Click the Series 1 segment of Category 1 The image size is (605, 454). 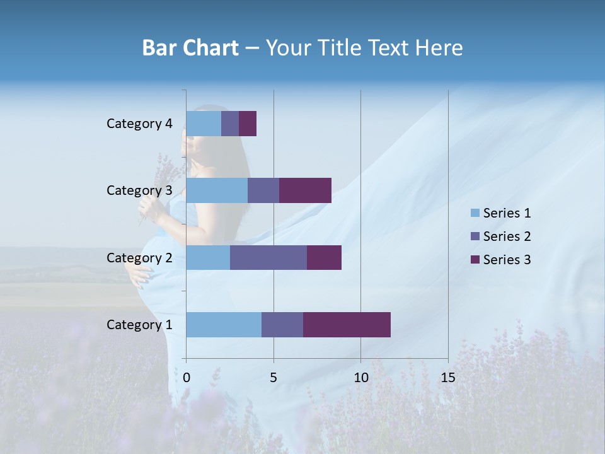224,325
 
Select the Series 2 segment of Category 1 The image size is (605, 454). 282,325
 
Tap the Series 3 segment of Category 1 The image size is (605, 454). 347,325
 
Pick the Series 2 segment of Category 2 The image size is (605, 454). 268,257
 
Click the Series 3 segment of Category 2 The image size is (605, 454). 324,257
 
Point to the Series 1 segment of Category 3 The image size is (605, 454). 217,190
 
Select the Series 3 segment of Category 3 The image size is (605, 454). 305,190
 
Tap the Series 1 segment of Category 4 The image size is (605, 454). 204,124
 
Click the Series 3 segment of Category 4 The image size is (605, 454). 248,124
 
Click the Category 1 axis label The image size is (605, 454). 139,325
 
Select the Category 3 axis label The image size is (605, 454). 139,190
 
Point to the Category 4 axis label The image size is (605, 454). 139,124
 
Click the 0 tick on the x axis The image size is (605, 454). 187,378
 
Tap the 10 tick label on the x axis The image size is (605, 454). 360,378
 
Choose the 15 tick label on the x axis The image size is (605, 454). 447,378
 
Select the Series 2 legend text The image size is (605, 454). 507,236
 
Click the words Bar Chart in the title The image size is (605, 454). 190,48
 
